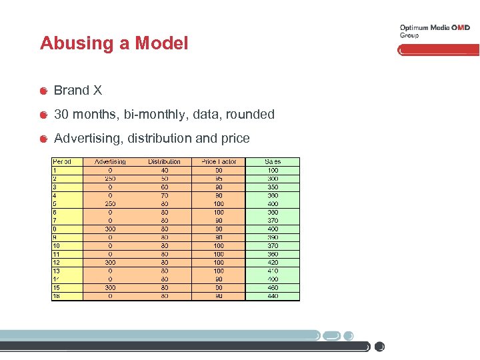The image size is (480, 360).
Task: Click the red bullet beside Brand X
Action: [43, 91]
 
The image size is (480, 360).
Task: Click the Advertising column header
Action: [110, 162]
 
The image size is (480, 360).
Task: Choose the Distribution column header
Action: [164, 162]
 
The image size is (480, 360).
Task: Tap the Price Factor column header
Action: [219, 162]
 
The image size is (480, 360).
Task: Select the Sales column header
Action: [273, 162]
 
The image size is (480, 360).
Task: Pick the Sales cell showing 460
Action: [273, 288]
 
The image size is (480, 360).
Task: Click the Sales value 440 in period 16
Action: [273, 296]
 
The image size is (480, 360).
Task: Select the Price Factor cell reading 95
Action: [219, 179]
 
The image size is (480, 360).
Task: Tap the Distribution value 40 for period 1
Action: [164, 171]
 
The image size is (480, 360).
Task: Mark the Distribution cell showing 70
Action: [164, 195]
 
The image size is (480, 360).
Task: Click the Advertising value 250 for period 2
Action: [110, 179]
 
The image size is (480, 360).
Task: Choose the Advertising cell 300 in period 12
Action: [110, 263]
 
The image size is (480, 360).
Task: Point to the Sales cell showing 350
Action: [273, 187]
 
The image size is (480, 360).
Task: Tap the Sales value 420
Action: [273, 263]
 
